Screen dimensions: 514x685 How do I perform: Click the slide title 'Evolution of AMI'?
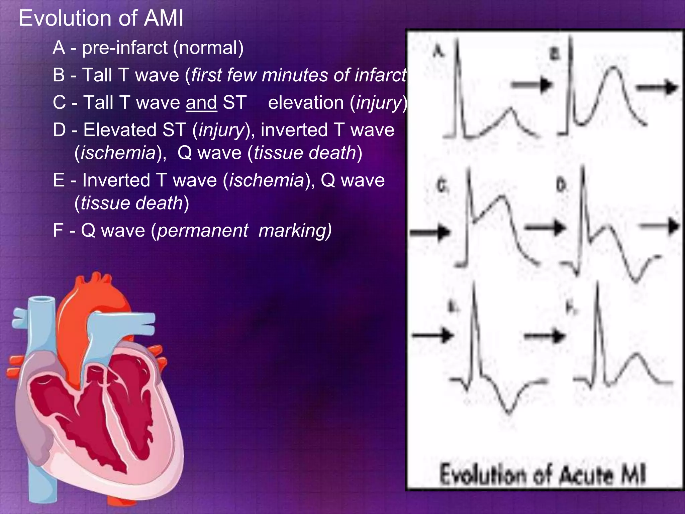click(101, 18)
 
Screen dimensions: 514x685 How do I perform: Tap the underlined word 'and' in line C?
click(201, 102)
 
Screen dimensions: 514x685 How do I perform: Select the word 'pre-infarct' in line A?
click(125, 48)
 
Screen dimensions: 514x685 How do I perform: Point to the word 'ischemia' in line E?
click(266, 180)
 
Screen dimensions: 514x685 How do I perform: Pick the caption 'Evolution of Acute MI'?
click(543, 475)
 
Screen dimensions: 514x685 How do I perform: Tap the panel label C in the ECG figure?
click(442, 186)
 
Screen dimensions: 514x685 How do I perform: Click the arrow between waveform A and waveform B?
click(532, 84)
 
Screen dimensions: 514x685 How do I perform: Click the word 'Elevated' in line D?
click(120, 130)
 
